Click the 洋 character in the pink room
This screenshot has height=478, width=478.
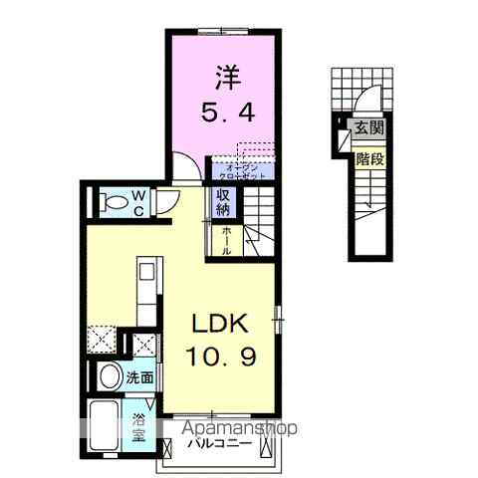click(224, 76)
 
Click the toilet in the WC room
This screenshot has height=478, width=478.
click(116, 202)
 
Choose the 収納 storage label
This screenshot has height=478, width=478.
click(221, 202)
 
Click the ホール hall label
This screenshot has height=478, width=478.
click(227, 240)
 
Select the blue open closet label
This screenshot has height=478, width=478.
click(240, 169)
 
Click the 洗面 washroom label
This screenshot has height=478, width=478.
click(140, 377)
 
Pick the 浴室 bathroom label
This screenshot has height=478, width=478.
click(139, 426)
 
